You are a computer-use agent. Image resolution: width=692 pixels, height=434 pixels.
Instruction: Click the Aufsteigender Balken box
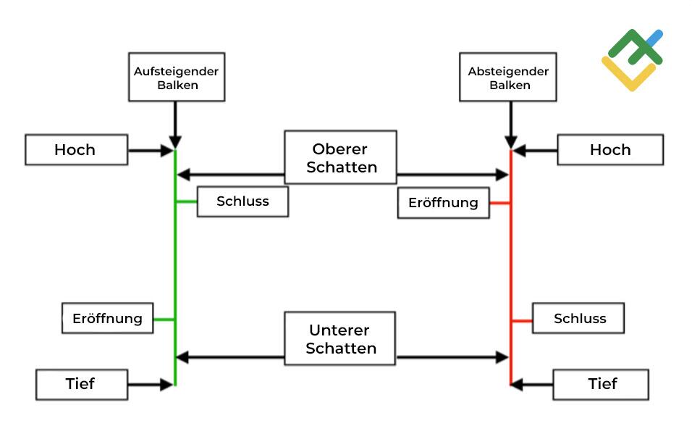pos(176,76)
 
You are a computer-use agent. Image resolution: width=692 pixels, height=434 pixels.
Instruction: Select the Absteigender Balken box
pos(509,76)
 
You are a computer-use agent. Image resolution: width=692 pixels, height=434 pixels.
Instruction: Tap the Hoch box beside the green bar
pos(76,150)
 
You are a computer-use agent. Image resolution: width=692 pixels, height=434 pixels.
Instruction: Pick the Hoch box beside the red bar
pos(609,150)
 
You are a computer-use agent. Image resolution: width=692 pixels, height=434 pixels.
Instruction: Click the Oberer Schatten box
pos(340,157)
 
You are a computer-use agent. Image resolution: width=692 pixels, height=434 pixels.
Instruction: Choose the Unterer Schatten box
pos(340,338)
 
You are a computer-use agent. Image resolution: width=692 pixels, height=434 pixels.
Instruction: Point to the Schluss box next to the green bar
pos(242,201)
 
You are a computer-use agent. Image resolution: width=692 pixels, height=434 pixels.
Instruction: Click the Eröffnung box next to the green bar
pos(107,318)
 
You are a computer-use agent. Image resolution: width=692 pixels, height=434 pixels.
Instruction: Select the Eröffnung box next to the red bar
pos(443,203)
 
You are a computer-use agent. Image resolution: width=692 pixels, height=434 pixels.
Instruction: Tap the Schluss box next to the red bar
pos(579,318)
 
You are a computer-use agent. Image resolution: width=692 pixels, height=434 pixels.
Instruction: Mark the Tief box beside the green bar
pos(81,384)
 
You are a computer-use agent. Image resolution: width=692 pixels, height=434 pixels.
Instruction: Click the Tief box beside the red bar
pos(601,384)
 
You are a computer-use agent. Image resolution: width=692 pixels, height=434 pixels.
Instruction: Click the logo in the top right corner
pos(631,59)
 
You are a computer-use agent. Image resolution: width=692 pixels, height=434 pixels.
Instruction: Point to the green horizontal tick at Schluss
pos(187,202)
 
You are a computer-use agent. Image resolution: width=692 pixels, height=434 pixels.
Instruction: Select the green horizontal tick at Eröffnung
pos(164,319)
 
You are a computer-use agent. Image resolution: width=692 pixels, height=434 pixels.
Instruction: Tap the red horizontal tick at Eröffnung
pos(500,204)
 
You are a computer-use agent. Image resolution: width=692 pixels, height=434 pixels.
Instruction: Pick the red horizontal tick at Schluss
pos(521,320)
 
